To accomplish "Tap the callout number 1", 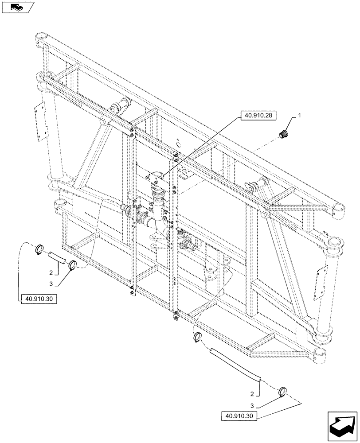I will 300,115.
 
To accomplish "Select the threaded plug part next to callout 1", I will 282,133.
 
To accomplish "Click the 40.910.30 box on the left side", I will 39,299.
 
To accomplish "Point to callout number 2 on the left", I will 51,272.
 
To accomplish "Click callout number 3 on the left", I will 51,284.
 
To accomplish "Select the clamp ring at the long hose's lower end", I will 281,392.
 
